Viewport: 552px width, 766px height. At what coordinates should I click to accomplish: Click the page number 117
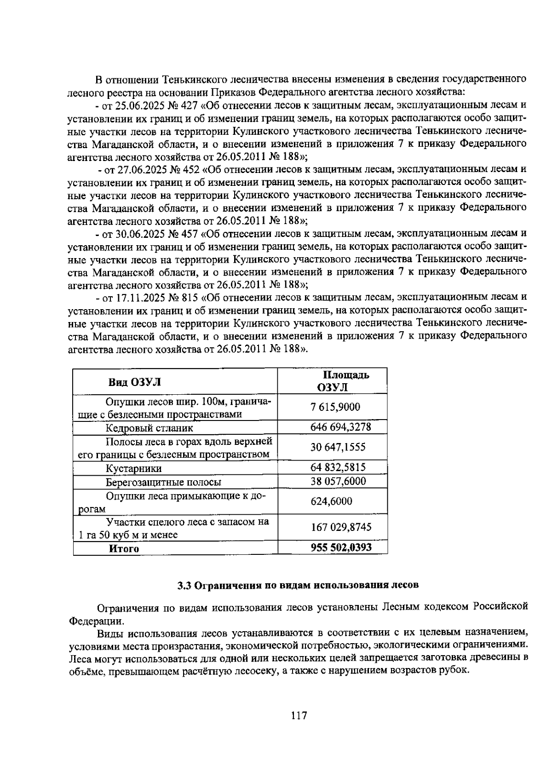[299, 716]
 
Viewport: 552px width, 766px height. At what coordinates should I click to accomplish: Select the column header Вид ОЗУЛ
[135, 382]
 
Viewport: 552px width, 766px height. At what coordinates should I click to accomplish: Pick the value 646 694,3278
[340, 427]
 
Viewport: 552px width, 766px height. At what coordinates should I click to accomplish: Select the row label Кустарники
[134, 468]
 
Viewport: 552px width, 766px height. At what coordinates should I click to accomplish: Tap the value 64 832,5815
[338, 467]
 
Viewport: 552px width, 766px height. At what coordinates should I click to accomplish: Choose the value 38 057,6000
[338, 481]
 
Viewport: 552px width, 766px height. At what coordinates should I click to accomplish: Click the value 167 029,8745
[341, 527]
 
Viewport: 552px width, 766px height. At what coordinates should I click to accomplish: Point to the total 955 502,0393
[341, 547]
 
